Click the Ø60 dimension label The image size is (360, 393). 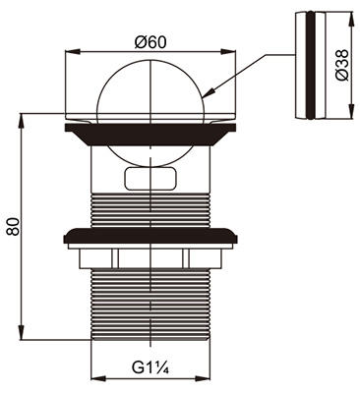tap(150, 42)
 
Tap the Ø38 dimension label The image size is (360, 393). tap(342, 65)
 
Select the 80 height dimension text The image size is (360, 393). tap(14, 226)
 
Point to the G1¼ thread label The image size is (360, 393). tap(150, 367)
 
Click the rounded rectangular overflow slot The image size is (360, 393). tap(150, 178)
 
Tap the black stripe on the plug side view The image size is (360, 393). tap(310, 65)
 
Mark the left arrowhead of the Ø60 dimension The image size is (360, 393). tap(73, 52)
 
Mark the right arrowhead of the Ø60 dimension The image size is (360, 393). tap(228, 52)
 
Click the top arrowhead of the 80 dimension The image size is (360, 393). tap(22, 121)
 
